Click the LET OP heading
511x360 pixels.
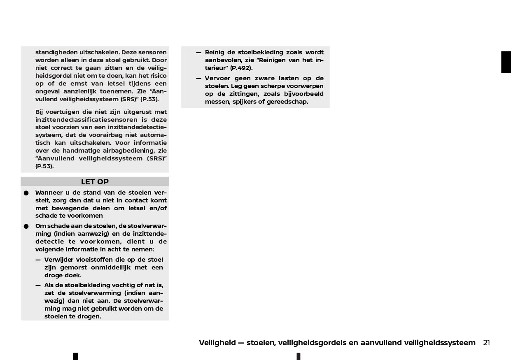point(95,182)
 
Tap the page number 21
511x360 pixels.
point(486,343)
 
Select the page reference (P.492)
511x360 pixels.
point(241,68)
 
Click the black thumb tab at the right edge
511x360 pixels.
point(506,62)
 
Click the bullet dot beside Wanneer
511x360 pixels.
point(26,193)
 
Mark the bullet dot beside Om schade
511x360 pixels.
point(26,226)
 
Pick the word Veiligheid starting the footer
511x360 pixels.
point(217,343)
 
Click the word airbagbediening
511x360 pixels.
point(125,151)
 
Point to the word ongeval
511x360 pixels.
point(48,91)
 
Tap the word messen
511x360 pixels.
point(215,102)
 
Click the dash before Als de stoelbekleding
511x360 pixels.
point(38,285)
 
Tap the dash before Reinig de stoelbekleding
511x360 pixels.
point(198,52)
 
